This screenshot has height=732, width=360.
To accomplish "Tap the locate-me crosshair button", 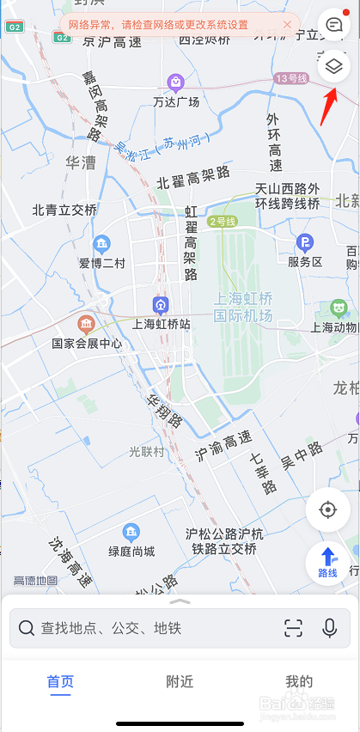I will tap(327, 510).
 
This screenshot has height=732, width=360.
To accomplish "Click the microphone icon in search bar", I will tap(330, 628).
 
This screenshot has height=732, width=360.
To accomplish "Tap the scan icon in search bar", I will tap(293, 628).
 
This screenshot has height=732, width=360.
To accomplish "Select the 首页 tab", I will tap(60, 682).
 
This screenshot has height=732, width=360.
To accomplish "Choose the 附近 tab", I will tap(180, 682).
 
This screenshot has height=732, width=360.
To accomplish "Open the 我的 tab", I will tap(299, 682).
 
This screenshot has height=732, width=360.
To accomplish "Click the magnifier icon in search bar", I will tap(27, 628).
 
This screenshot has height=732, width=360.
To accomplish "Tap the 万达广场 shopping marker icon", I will tap(175, 82).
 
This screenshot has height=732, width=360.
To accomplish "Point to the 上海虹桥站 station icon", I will tap(160, 305).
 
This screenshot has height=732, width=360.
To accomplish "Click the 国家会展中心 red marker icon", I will tap(86, 324).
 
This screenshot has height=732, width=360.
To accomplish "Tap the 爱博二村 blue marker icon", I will tap(102, 243).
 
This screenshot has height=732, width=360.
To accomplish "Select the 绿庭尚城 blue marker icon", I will tap(131, 532).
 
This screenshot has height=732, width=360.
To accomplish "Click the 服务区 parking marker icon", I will tap(304, 242).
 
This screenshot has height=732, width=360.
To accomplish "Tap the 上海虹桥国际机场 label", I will tap(243, 308).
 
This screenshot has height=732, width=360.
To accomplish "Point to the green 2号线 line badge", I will tap(222, 221).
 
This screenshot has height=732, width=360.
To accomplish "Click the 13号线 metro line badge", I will tap(291, 78).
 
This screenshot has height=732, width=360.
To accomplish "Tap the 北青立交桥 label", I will tap(64, 210).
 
